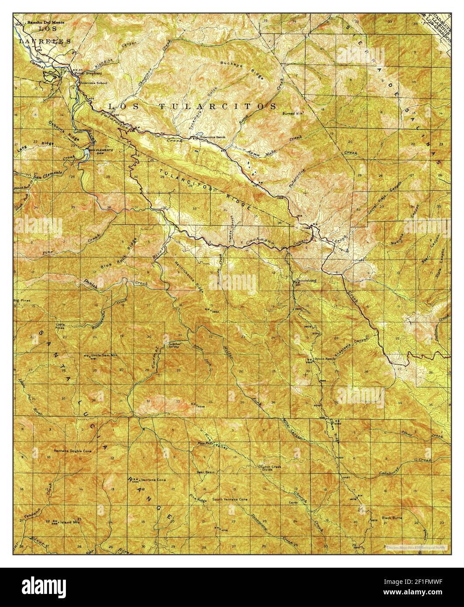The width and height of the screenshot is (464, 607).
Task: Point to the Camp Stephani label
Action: (84, 73)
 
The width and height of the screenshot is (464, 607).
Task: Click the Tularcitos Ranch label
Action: (212, 138)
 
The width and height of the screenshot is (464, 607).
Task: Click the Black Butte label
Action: (392, 518)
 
